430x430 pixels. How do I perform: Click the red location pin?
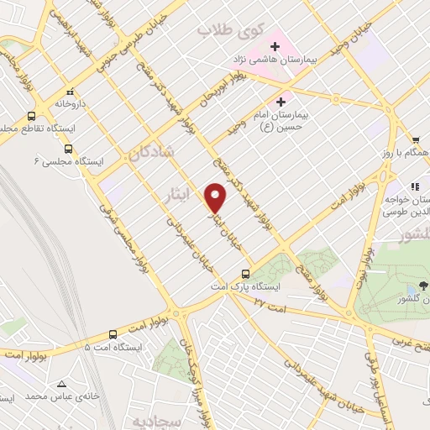216,197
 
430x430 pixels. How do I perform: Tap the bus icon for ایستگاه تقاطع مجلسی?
31,116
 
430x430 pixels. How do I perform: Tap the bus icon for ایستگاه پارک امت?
245,274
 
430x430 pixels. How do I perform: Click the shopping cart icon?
415,140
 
